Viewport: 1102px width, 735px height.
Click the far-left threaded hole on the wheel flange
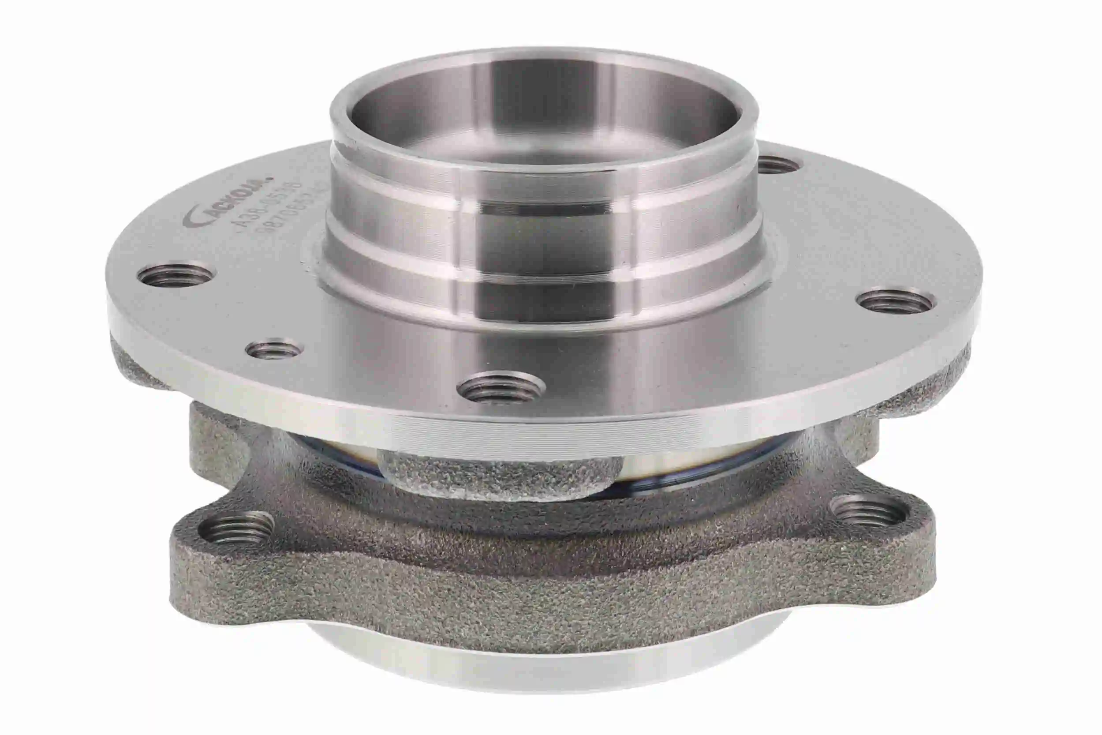coord(174,275)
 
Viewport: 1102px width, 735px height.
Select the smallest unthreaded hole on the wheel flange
coord(275,349)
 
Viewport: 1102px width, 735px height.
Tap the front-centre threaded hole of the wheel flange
coord(502,387)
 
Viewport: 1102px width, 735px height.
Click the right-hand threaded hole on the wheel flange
coord(895,302)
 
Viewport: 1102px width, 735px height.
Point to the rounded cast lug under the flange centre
coord(497,473)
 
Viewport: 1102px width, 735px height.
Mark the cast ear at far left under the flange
coord(136,366)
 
